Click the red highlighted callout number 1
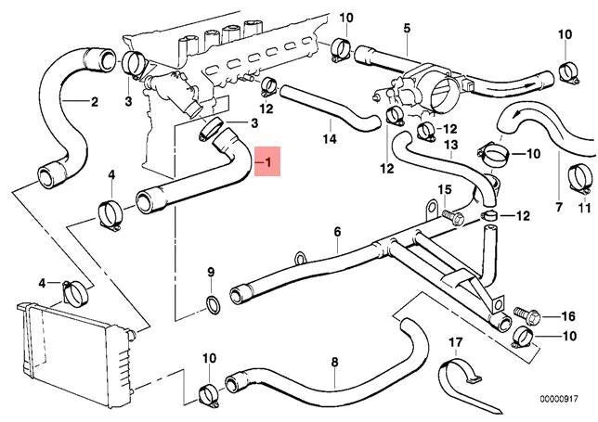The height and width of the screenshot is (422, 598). pyautogui.click(x=268, y=164)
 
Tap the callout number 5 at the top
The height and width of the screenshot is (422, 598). pyautogui.click(x=406, y=29)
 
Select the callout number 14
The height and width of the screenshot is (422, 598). pyautogui.click(x=328, y=141)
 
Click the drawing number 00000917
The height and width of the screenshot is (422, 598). pyautogui.click(x=565, y=400)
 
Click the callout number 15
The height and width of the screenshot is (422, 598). pyautogui.click(x=444, y=190)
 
